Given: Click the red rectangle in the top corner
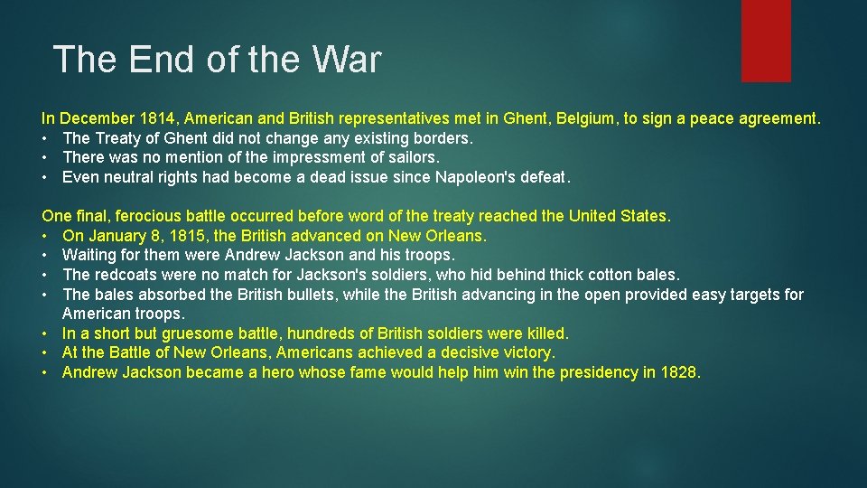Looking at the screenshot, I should click(x=766, y=41).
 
